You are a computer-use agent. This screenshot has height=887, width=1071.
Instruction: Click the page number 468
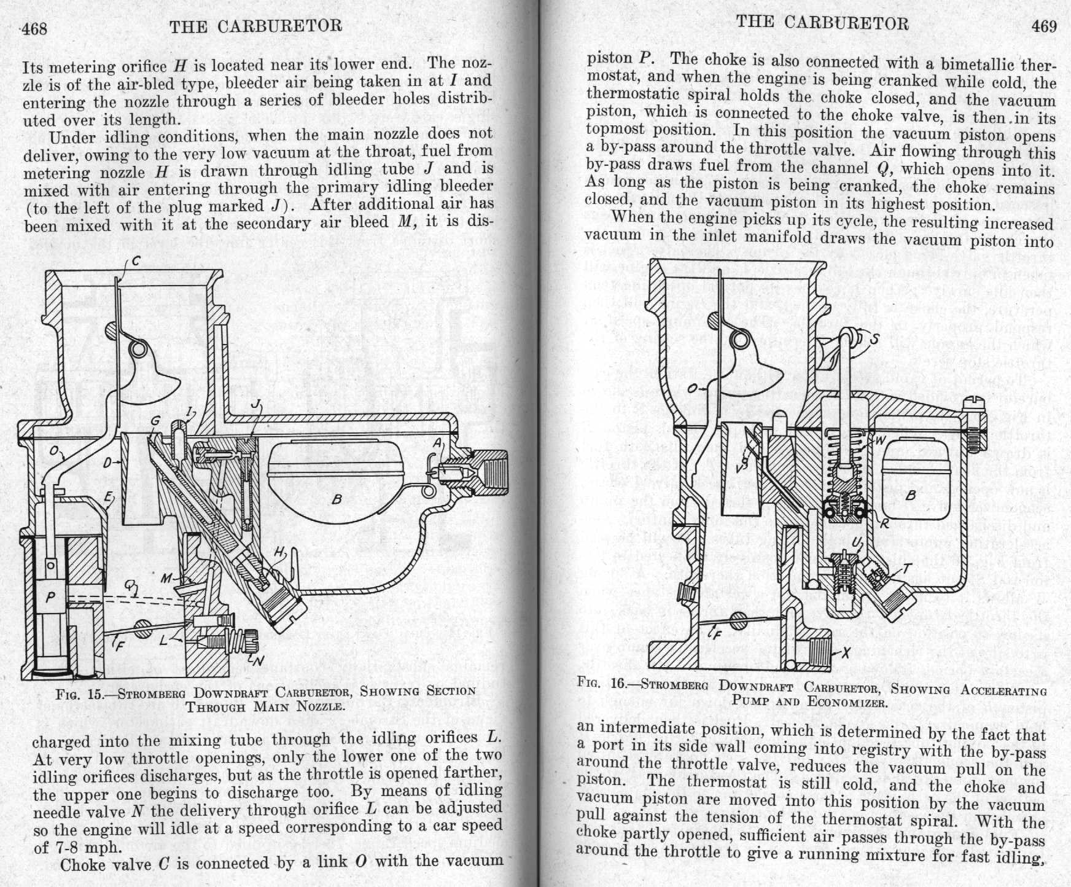pos(34,29)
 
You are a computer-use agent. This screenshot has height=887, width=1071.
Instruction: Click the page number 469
pos(1044,26)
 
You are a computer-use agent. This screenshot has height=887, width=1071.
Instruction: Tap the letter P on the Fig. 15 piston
pos(51,596)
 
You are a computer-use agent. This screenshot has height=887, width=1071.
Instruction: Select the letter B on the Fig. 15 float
pos(337,499)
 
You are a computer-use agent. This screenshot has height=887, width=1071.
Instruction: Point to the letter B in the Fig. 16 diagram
pos(911,494)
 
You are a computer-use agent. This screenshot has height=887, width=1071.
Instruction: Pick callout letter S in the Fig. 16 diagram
pos(874,338)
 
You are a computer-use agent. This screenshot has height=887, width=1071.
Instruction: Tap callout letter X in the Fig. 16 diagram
pos(846,653)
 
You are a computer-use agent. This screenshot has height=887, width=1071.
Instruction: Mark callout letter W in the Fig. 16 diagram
pos(879,440)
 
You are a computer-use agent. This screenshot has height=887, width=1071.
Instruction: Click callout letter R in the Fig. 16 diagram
pos(884,524)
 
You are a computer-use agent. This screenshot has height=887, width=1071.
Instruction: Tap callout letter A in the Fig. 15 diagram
pos(437,443)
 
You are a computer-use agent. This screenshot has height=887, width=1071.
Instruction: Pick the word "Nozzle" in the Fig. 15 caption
pos(319,706)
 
